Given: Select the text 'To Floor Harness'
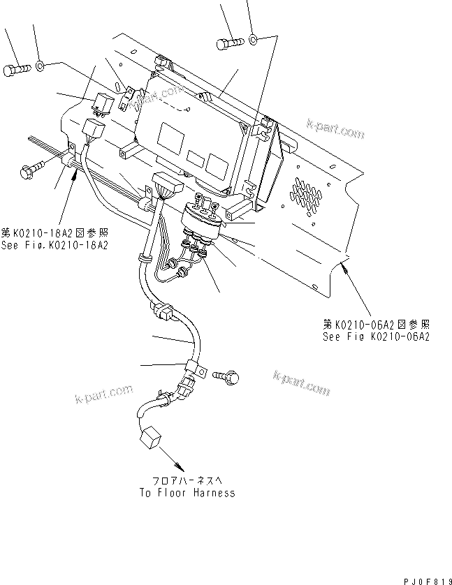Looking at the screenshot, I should (186, 493).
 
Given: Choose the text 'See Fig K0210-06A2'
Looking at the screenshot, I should (375, 336).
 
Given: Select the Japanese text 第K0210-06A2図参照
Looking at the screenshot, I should (376, 324).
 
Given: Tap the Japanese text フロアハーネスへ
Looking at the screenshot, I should (186, 482).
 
